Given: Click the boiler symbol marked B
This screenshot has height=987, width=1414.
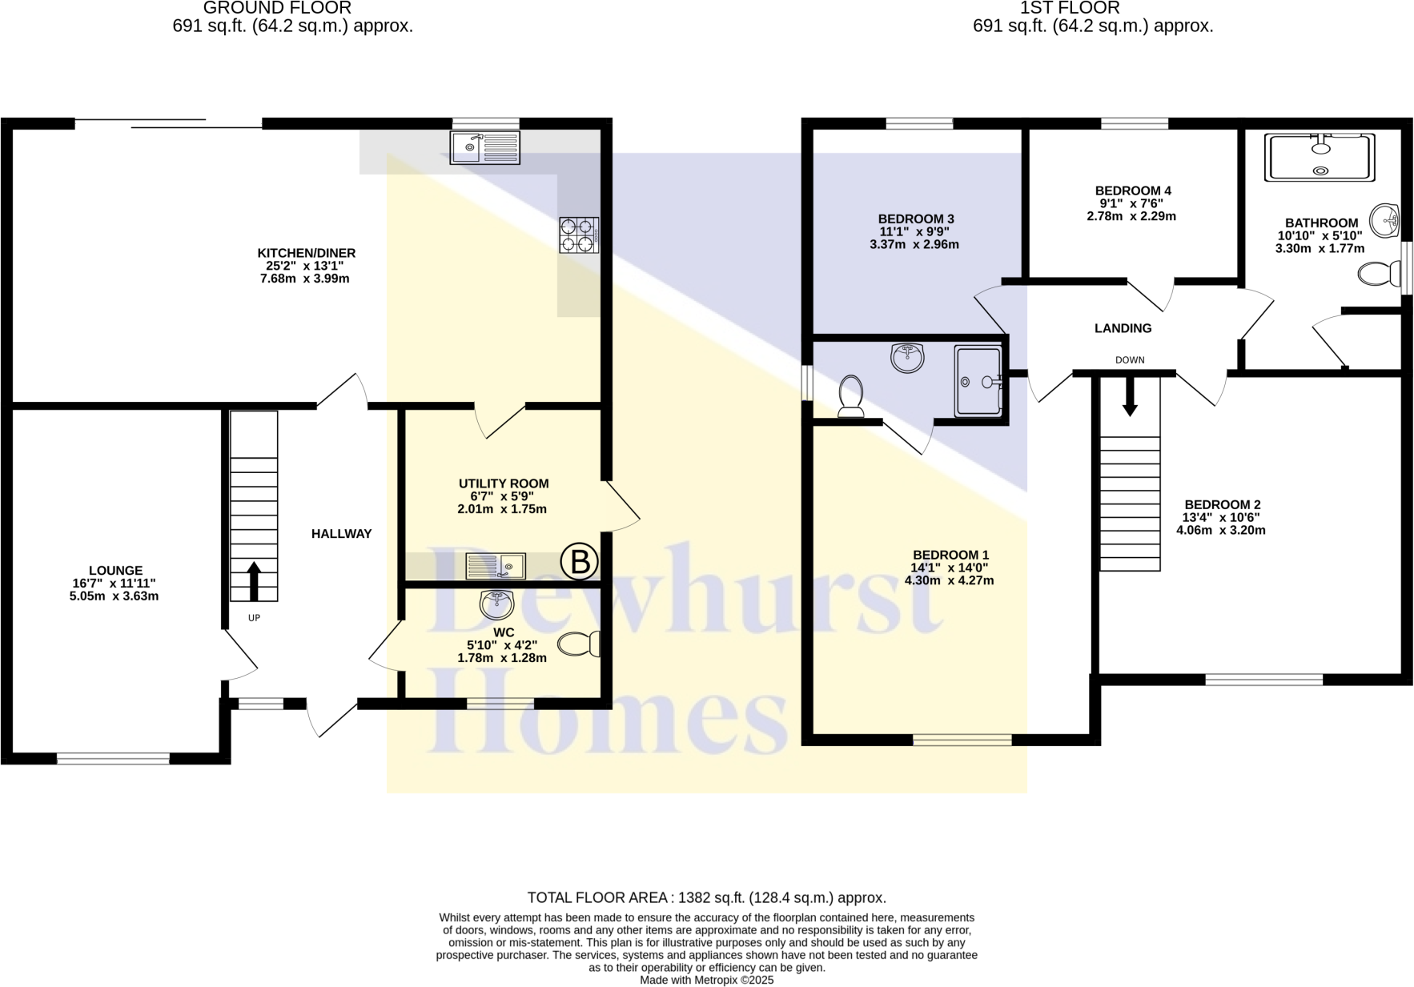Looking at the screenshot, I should tap(579, 562).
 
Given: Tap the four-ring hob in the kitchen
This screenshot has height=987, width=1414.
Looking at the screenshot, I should tap(579, 235).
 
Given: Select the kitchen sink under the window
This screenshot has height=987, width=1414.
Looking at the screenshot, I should tap(484, 147).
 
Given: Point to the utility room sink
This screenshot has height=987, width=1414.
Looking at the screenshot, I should tap(496, 566).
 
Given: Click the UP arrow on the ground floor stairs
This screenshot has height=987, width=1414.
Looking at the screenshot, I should tap(254, 581).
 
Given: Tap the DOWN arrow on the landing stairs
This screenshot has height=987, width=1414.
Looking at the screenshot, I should tap(1129, 397).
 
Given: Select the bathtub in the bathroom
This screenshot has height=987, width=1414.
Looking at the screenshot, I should tap(1320, 158).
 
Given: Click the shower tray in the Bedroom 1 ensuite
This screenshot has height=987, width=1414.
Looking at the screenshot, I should tap(978, 381).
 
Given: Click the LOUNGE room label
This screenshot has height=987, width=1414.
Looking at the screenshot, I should tap(115, 571).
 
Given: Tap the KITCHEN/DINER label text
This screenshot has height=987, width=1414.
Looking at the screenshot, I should tap(306, 253).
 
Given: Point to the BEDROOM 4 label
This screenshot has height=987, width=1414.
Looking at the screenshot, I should tap(1132, 191).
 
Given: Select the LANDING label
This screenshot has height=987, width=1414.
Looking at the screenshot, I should tap(1123, 328).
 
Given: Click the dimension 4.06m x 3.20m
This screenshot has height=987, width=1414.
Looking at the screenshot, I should tap(1220, 530).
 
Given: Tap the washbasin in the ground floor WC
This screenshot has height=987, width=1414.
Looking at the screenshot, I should tap(496, 604).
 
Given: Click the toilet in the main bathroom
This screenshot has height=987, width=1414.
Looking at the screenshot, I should tap(1379, 275).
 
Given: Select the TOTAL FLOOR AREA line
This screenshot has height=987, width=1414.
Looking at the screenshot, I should tap(706, 897).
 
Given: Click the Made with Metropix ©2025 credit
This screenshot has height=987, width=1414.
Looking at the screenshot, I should tap(706, 980).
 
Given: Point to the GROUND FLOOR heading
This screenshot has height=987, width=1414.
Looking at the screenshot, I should tap(277, 8).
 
